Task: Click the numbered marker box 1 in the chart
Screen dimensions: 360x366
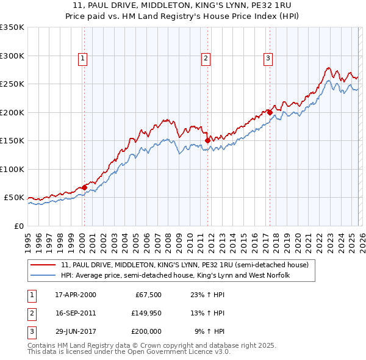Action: pyautogui.click(x=82, y=59)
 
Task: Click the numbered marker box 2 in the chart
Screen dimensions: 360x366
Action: pyautogui.click(x=206, y=59)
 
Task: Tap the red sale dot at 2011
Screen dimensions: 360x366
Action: pyautogui.click(x=207, y=140)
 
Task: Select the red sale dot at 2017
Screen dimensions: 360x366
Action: pyautogui.click(x=270, y=112)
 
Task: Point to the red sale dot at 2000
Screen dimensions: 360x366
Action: pyautogui.click(x=84, y=187)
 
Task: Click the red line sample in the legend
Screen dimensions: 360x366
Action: pyautogui.click(x=43, y=265)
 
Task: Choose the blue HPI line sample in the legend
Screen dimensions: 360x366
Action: pyautogui.click(x=43, y=276)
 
